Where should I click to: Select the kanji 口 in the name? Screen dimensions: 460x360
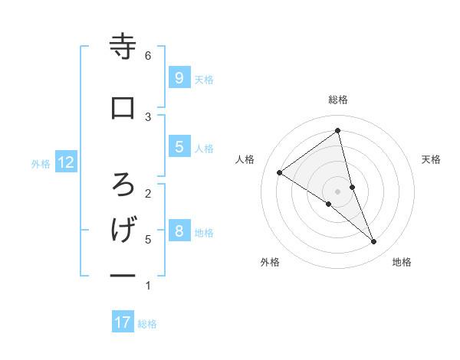pos(123,108)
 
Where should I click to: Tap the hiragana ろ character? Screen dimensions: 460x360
pos(123,184)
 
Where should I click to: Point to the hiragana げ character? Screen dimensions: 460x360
pos(123,230)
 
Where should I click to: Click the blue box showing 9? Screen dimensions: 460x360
pos(179,77)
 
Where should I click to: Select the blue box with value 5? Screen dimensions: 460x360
pos(179,147)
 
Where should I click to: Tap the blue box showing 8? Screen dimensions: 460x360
pos(179,231)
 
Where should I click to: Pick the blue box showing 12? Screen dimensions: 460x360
pos(66,162)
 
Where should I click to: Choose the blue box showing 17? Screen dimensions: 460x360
pos(123,322)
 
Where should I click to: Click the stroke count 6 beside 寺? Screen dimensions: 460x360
pos(148,56)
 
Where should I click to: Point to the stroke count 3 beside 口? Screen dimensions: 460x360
pos(148,116)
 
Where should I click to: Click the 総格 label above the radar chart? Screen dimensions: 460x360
pos(338,100)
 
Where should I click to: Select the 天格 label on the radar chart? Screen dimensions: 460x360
pos(432,159)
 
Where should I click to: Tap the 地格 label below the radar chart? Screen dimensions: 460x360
pos(402,262)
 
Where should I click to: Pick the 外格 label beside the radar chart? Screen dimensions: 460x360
pos(270,262)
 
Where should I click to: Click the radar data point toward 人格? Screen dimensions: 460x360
pos(280,172)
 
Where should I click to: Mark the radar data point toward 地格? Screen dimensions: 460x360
pos(374,242)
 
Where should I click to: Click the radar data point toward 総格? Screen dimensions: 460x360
pos(338,131)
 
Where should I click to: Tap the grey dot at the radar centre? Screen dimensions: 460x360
pos(338,191)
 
